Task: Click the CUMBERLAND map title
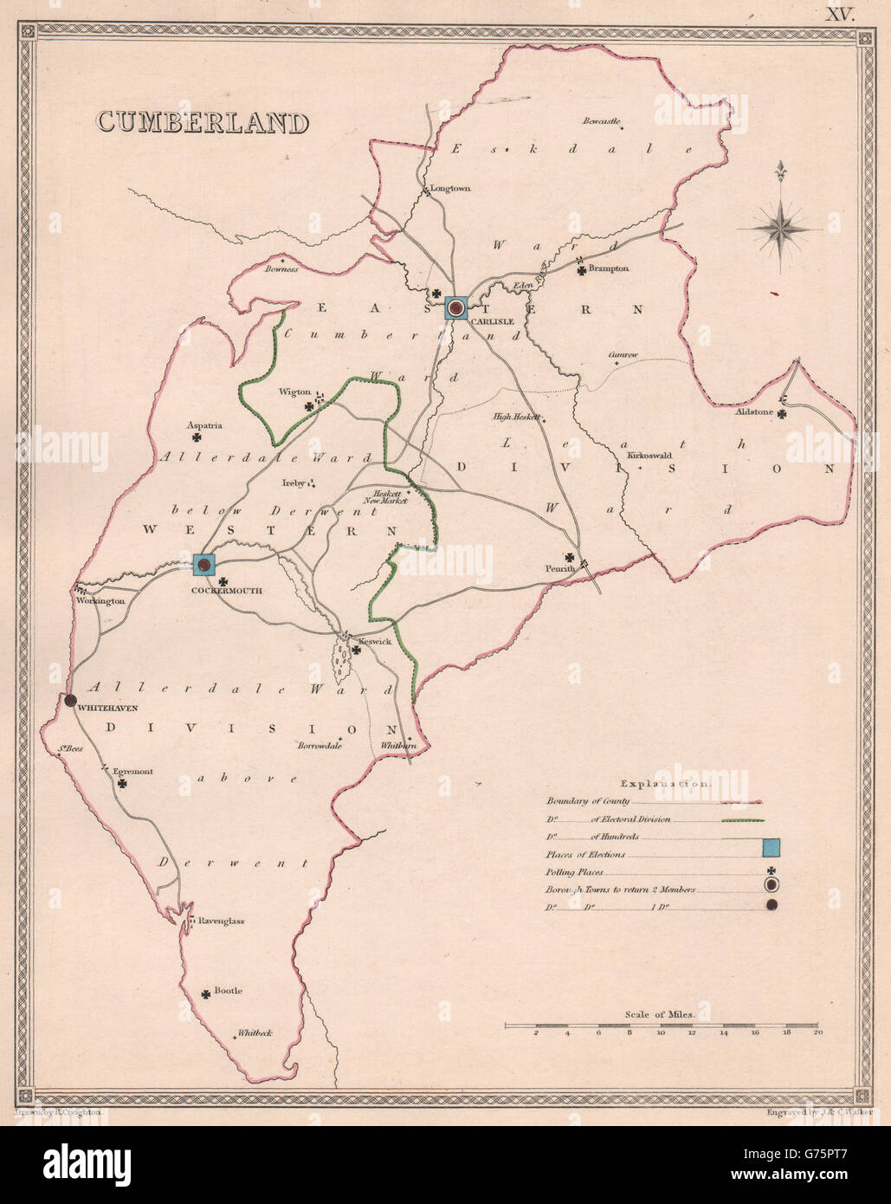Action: pyautogui.click(x=203, y=121)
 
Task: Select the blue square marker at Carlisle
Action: pyautogui.click(x=456, y=307)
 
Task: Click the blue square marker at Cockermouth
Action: pyautogui.click(x=204, y=566)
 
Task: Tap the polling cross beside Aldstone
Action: pyautogui.click(x=781, y=415)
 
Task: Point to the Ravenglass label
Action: pyautogui.click(x=221, y=921)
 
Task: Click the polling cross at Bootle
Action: pyautogui.click(x=206, y=995)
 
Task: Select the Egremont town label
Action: pyautogui.click(x=132, y=772)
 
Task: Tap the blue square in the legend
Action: pyautogui.click(x=772, y=849)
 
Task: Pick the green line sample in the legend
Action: pyautogui.click(x=739, y=819)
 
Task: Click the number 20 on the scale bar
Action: pyautogui.click(x=817, y=1033)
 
